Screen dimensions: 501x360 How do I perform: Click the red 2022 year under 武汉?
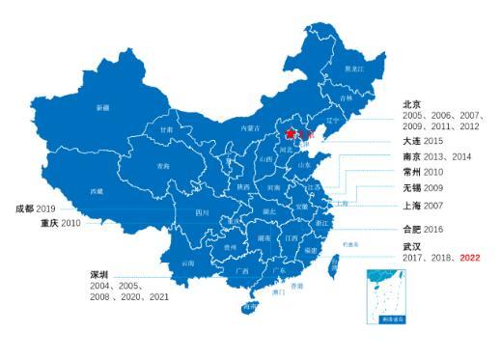point(469,258)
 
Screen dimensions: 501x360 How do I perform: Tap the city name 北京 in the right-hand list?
point(413,103)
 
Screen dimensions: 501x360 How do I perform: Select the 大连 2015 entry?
point(426,141)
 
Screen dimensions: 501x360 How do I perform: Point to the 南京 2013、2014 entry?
point(437,156)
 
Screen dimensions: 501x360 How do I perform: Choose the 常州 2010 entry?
point(426,172)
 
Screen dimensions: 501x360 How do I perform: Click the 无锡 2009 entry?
point(425,187)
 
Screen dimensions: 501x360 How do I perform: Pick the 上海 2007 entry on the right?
point(426,205)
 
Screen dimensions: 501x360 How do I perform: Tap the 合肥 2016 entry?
point(426,230)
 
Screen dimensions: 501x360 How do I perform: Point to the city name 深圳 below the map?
point(99,275)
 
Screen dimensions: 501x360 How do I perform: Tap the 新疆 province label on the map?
point(102,108)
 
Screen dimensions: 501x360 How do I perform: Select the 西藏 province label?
point(97,191)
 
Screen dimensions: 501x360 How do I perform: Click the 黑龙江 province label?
point(355,69)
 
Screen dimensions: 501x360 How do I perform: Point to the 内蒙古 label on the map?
point(250,126)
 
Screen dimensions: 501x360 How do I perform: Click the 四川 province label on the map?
point(202,211)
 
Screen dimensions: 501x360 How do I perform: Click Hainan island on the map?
point(251,307)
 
